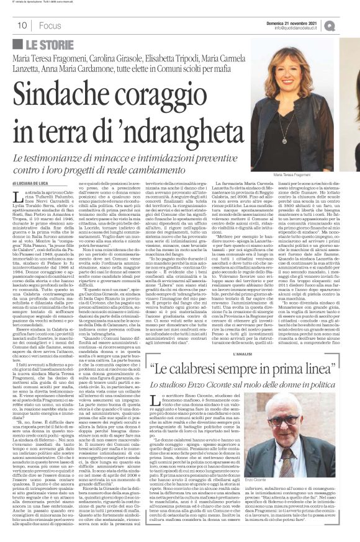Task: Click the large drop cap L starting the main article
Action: [17, 198]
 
